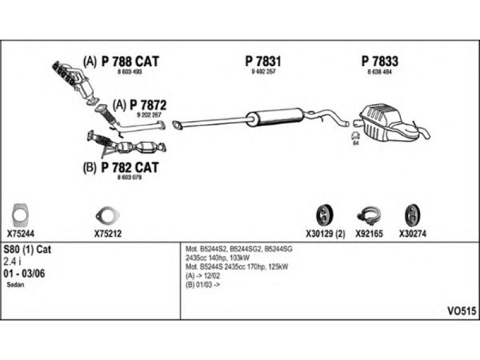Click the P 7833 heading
(x=380, y=61)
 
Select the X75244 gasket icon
(x=22, y=214)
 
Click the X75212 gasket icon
(x=108, y=216)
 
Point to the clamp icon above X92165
(x=367, y=215)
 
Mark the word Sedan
(x=16, y=285)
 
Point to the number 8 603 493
(x=129, y=72)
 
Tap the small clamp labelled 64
(x=355, y=136)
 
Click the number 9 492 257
(x=263, y=72)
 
